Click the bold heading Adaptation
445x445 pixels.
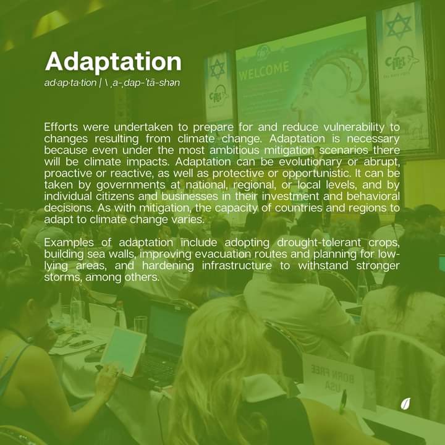click(113, 62)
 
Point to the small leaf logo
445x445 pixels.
click(406, 404)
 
